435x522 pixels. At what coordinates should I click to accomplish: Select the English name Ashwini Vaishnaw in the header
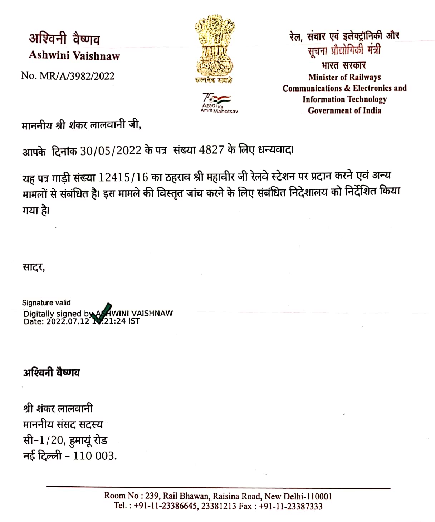click(x=74, y=55)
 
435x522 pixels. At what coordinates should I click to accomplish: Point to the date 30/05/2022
click(x=111, y=151)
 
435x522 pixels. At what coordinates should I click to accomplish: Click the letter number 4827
click(x=211, y=150)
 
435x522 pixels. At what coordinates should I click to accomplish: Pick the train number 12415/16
click(x=123, y=178)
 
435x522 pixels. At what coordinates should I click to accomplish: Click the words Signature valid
click(x=46, y=303)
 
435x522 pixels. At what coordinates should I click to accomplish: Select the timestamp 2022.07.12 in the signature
click(x=67, y=321)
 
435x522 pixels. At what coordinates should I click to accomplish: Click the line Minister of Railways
click(x=344, y=77)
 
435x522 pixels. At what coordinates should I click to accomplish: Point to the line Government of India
click(x=344, y=110)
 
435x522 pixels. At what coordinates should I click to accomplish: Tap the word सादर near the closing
click(x=33, y=267)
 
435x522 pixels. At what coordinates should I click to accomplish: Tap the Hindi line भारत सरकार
click(x=343, y=65)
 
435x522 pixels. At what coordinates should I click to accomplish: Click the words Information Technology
click(x=344, y=99)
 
